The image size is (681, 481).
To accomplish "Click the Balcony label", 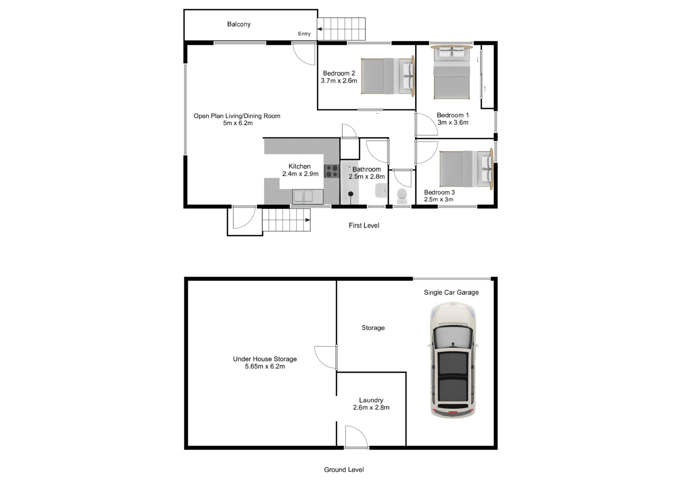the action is coord(239,24).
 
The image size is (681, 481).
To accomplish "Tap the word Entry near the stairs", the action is coord(304,34).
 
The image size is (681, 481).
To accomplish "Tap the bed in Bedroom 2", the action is coord(388,76).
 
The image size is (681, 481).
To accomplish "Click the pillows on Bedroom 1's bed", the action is coord(452,53).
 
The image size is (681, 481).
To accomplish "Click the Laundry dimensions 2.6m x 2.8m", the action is coord(371,407).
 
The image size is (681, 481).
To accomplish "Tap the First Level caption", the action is coord(364,226).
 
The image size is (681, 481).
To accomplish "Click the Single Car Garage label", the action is coord(451,293).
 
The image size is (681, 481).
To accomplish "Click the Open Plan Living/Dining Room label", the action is coord(237,116).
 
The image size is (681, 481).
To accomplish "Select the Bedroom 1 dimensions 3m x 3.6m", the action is coord(453,123).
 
